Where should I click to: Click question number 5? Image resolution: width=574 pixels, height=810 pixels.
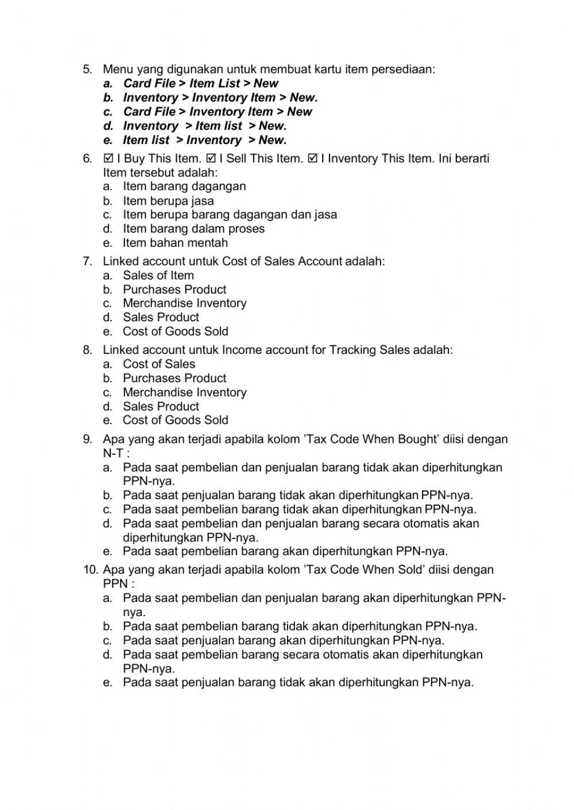(87, 69)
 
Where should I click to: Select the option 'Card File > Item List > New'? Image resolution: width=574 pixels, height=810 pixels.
(200, 83)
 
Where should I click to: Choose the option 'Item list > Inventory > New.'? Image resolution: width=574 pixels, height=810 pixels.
(204, 140)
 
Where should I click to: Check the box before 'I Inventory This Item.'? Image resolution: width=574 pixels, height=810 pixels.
(313, 158)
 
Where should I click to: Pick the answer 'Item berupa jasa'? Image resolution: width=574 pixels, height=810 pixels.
(168, 201)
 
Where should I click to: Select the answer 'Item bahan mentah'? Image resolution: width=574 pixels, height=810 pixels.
(175, 243)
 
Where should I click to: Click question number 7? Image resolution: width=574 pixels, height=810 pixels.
(87, 262)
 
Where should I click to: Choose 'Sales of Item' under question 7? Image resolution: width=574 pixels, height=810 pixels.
(158, 275)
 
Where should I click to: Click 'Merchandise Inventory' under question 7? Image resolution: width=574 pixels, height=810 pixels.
(184, 303)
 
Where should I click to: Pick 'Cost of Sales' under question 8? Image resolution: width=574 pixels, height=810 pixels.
(158, 364)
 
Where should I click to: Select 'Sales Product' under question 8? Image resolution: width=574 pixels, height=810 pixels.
(161, 406)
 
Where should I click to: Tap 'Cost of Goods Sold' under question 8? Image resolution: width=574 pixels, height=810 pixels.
(175, 420)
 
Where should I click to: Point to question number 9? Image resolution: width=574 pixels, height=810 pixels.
(87, 439)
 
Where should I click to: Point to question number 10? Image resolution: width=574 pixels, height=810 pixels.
(90, 570)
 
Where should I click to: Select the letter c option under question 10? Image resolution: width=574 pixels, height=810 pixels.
(284, 640)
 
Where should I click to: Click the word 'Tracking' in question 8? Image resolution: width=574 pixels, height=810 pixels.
(352, 350)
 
